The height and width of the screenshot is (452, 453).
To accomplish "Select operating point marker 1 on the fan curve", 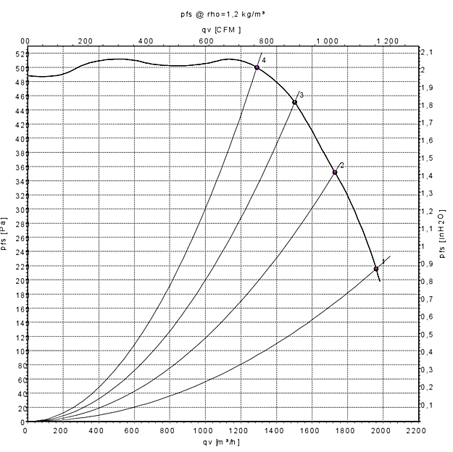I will point(376,269).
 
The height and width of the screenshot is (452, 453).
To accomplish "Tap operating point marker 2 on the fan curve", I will point(335,172).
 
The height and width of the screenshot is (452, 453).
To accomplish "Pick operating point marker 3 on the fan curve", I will point(294,102).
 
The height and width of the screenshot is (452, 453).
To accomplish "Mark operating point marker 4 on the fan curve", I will point(257,67).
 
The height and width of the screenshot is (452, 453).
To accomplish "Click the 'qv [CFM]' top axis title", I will point(227,30).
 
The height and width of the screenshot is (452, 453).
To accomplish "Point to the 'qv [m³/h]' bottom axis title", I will point(222,441).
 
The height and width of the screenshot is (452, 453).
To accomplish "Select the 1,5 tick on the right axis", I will point(428,158).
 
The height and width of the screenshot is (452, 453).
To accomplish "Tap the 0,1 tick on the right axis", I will point(428,405).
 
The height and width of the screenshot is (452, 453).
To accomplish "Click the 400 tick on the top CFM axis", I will point(146,41).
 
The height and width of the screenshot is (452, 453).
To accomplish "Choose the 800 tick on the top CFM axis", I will point(266,41).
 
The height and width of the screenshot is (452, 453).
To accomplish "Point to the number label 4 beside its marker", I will point(264,59).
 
